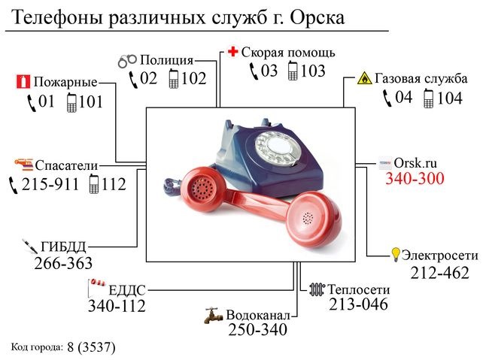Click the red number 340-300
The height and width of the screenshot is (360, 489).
[415, 179]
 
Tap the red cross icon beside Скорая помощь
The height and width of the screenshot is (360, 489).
[233, 53]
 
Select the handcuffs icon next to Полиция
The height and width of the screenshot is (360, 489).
[129, 60]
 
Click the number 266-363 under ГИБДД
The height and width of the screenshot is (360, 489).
[63, 263]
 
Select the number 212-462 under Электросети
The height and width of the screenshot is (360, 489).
[439, 272]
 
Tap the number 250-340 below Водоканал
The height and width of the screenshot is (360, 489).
[258, 330]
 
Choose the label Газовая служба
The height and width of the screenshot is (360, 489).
[421, 78]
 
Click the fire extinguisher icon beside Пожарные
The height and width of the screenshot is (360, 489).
[20, 82]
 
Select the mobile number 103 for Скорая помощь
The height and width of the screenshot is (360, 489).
[313, 71]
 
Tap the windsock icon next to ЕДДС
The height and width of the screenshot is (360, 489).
[96, 284]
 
